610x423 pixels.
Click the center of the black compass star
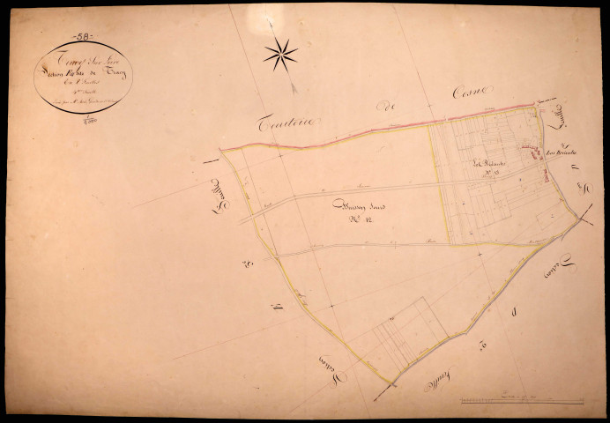click(x=280, y=55)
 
